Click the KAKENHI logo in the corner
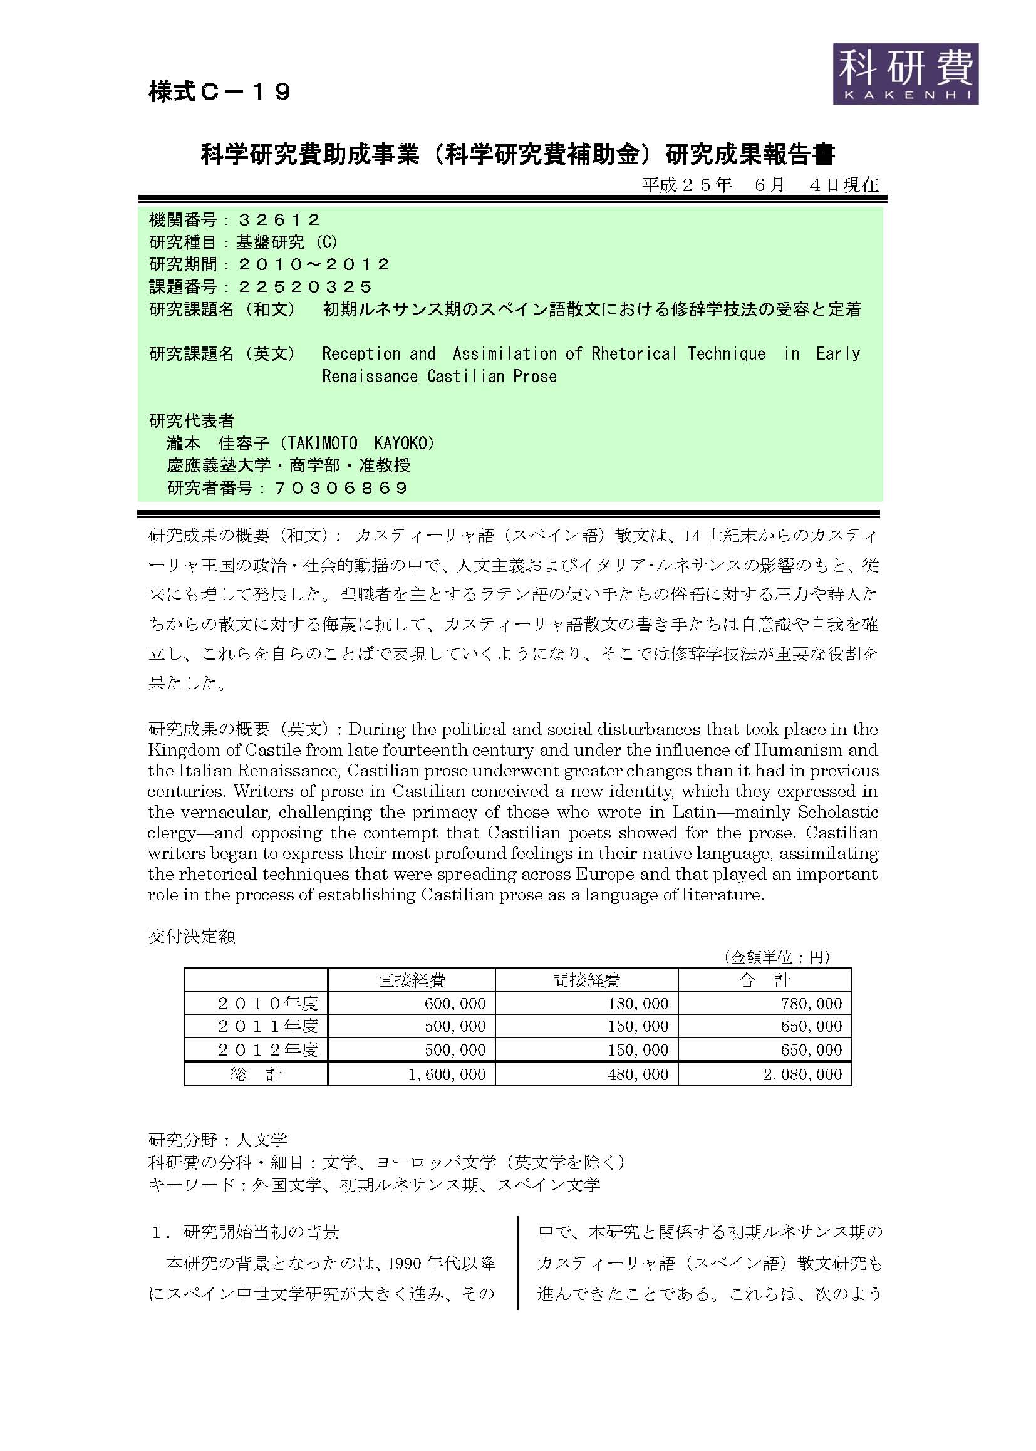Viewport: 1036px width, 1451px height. coord(904,74)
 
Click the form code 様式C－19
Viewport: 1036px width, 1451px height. coord(219,92)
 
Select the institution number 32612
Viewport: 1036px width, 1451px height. coord(279,220)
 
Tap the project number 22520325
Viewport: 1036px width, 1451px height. coord(305,286)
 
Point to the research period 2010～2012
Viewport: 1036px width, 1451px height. coord(313,264)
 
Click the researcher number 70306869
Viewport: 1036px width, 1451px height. coord(341,488)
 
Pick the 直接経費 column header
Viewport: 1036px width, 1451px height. coord(412,979)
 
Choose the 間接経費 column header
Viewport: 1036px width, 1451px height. coord(586,979)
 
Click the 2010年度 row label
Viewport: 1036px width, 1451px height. coord(268,1003)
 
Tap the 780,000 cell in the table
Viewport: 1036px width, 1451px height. coord(811,1004)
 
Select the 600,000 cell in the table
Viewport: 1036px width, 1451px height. coord(455,1004)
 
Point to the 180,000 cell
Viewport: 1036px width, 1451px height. coord(637,1004)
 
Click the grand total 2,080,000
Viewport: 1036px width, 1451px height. coord(802,1074)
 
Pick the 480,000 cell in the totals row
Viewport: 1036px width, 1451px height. coord(637,1074)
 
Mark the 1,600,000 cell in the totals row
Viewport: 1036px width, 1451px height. coord(447,1074)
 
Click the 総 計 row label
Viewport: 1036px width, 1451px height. coord(256,1074)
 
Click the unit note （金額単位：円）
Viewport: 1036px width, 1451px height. coord(776,957)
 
